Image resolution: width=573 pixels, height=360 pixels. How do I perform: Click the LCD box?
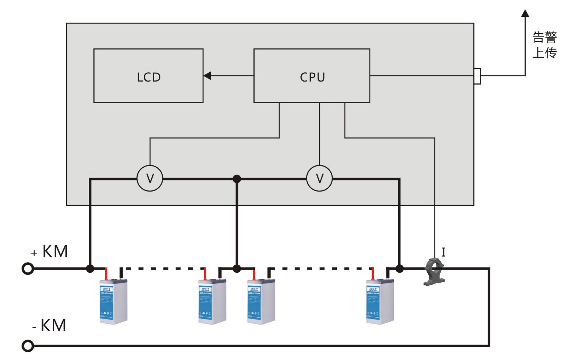148,76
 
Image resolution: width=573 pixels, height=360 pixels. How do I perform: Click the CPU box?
312,76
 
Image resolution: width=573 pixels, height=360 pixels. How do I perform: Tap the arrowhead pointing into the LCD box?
207,76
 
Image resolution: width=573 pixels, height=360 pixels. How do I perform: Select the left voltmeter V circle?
150,178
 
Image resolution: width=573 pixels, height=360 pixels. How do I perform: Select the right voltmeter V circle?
320,178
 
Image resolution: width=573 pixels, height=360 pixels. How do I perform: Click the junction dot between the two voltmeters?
237,179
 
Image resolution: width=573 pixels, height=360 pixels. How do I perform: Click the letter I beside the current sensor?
443,252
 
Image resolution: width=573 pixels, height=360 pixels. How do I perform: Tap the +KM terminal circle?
28,268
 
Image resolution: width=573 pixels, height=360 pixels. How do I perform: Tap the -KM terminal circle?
28,346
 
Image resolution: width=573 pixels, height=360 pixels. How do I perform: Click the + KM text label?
50,252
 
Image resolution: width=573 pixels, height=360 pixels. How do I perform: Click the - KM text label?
50,326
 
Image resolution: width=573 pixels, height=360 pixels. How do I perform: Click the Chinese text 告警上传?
545,45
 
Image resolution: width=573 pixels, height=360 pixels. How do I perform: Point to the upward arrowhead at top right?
525,14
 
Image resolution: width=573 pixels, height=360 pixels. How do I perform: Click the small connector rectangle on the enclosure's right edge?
477,76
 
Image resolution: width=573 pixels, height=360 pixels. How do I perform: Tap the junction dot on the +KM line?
90,268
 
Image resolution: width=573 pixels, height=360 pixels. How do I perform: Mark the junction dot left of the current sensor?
400,268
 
